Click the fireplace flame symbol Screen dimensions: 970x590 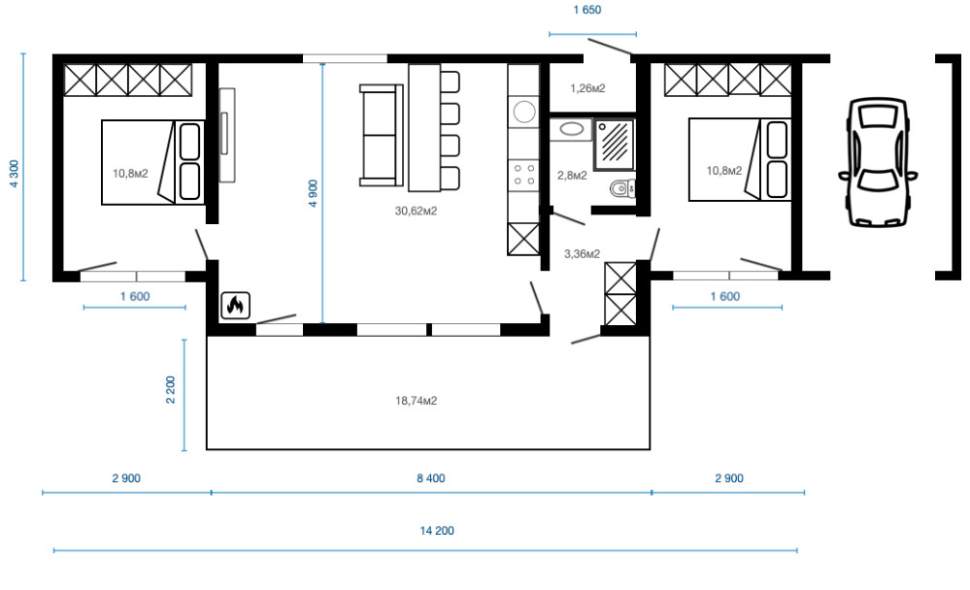point(236,306)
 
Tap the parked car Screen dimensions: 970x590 point(878,162)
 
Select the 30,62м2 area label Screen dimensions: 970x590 point(416,211)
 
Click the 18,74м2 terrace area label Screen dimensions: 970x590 point(416,401)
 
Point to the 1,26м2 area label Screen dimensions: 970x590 point(587,88)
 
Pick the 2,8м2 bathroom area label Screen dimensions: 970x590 point(572,176)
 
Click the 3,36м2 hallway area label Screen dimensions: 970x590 point(583,253)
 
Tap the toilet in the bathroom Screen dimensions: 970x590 point(622,187)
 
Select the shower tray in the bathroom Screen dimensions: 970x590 point(615,144)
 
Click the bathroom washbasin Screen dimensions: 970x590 point(571,130)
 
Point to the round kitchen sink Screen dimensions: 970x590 point(524,112)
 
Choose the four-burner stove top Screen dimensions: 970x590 point(524,175)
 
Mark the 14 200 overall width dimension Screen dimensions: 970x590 point(437,531)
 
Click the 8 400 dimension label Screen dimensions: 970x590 point(430,478)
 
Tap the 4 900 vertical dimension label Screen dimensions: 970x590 point(313,193)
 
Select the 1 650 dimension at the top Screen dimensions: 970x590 point(587,10)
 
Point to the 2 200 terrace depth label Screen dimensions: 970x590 point(171,390)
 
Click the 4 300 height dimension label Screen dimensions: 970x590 point(15,174)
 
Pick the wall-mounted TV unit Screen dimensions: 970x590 point(227,135)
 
